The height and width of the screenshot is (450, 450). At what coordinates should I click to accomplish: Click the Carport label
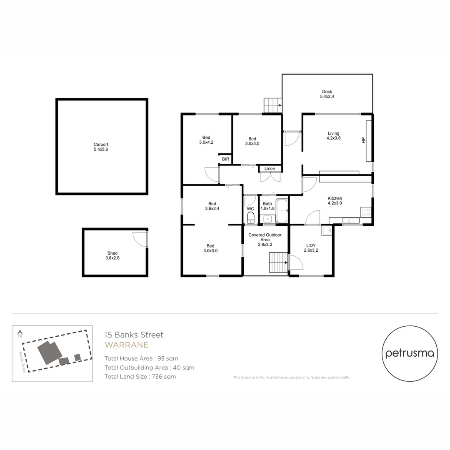click(101, 147)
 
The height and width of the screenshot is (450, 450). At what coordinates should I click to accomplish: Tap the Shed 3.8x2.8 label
click(112, 255)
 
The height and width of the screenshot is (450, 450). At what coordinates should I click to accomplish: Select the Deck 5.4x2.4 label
click(327, 94)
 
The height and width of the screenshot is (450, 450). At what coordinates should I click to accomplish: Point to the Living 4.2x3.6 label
click(333, 135)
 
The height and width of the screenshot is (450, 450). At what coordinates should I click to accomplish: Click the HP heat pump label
click(364, 141)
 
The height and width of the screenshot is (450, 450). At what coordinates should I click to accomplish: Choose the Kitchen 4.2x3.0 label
click(335, 201)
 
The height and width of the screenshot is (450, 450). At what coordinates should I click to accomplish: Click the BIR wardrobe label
click(225, 159)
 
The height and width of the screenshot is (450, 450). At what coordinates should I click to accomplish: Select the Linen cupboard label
click(270, 169)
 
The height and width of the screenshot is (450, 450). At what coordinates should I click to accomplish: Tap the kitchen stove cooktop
click(366, 212)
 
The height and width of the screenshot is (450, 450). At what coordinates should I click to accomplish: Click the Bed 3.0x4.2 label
click(206, 140)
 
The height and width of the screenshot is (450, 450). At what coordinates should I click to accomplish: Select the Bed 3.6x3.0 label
click(210, 248)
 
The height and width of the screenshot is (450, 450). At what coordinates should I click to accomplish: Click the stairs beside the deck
click(272, 105)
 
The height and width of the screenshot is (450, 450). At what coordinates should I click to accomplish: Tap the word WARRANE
click(126, 345)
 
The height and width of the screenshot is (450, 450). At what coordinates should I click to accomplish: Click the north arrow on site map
click(20, 334)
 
